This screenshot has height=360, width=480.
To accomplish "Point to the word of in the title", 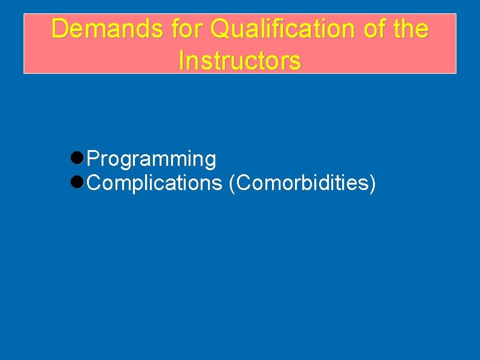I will (371, 28).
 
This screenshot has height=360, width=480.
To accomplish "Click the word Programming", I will (151, 159).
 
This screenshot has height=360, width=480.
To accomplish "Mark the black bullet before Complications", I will (77, 182).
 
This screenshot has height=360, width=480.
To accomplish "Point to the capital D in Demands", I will (59, 28).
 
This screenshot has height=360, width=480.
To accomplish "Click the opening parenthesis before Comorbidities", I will (233, 183).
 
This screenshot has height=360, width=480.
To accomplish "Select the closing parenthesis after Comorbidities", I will (372, 183).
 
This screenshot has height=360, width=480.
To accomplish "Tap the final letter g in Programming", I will (210, 161).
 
